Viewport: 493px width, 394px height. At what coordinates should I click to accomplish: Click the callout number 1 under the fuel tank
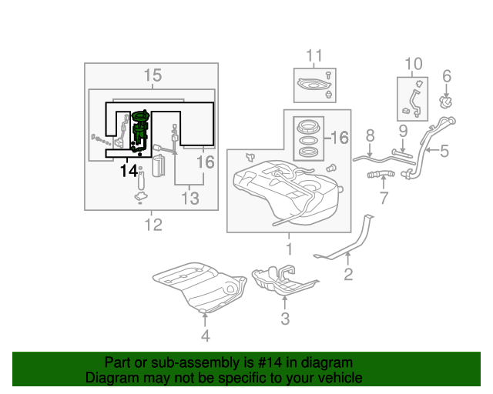(289, 249)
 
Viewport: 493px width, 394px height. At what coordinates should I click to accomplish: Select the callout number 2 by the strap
(348, 273)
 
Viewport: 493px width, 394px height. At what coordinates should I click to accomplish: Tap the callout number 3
(284, 318)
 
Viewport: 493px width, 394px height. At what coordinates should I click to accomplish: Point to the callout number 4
(205, 336)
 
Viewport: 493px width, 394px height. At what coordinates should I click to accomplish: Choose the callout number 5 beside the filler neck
(444, 151)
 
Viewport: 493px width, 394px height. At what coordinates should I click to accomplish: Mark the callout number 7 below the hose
(383, 199)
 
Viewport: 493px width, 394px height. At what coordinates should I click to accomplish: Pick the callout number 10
(414, 63)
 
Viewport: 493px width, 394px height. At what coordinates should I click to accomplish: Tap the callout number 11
(314, 55)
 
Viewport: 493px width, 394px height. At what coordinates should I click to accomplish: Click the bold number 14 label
(129, 170)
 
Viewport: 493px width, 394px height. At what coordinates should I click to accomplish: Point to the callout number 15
(153, 75)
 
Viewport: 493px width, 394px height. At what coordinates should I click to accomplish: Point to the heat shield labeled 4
(199, 285)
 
